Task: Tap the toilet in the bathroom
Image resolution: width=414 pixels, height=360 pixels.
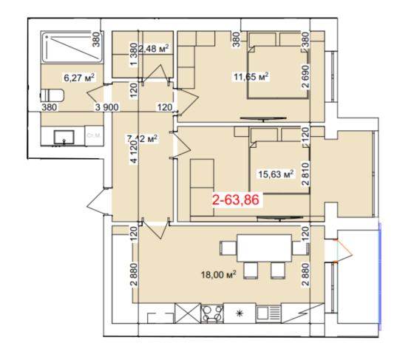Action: [50, 95]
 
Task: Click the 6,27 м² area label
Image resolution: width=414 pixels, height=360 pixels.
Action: [79, 76]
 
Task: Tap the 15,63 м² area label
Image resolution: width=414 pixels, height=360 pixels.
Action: [276, 174]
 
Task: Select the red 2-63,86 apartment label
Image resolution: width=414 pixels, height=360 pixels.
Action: [237, 200]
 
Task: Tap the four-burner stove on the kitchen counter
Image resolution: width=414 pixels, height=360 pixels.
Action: [211, 313]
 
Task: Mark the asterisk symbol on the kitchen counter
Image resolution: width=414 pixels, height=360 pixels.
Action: [239, 314]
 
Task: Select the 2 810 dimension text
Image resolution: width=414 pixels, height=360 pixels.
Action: [305, 166]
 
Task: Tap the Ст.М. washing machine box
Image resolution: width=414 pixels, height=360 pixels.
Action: [94, 136]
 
